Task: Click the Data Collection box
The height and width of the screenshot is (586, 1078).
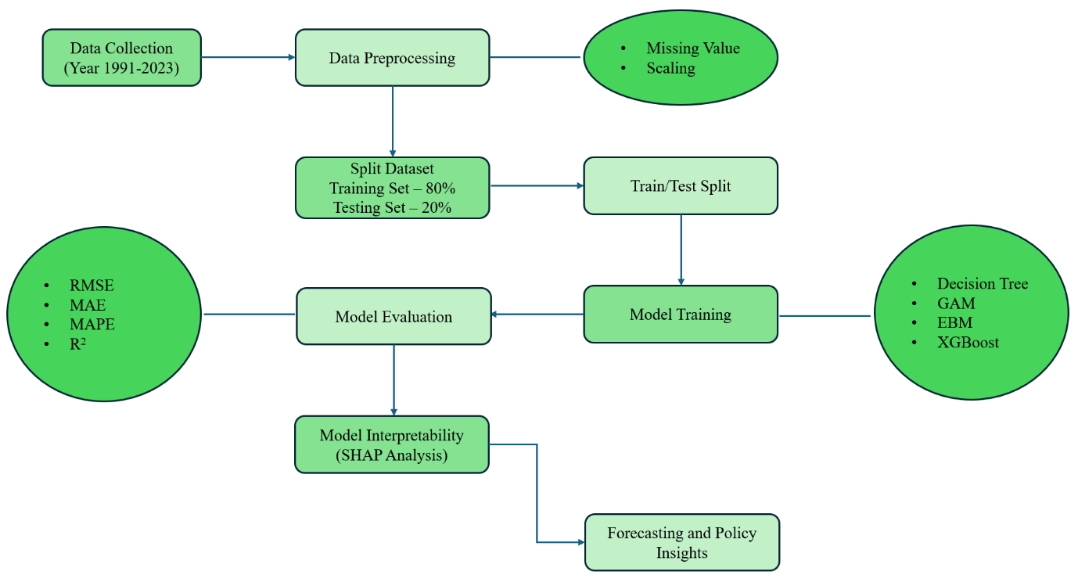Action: point(121,58)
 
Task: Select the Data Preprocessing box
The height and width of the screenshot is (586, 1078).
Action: point(392,58)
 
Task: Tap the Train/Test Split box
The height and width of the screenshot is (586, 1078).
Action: point(681,186)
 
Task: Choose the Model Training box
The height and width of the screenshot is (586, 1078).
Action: point(681,315)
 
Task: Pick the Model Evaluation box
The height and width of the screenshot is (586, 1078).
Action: point(393,317)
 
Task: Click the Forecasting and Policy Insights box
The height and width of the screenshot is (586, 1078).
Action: point(682,542)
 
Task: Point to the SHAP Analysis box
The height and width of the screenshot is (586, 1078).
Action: point(392,445)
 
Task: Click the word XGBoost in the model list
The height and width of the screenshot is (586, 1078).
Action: point(968,342)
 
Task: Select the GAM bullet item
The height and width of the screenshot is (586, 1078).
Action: point(956,304)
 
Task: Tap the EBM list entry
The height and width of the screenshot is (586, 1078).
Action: point(955,322)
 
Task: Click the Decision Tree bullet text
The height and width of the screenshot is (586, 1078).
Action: point(983,284)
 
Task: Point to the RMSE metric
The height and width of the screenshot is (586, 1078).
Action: point(92,286)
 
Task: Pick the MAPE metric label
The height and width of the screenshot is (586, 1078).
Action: point(92,324)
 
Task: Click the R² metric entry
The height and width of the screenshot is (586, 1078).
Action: point(77,343)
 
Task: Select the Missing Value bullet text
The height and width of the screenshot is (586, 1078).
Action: point(692,49)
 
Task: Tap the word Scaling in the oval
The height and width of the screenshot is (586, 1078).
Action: point(670,68)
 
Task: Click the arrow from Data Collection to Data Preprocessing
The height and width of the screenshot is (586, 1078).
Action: point(247,57)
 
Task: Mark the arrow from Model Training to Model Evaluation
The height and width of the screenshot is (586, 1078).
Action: point(537,315)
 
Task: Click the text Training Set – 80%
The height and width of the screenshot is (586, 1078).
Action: point(392,189)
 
